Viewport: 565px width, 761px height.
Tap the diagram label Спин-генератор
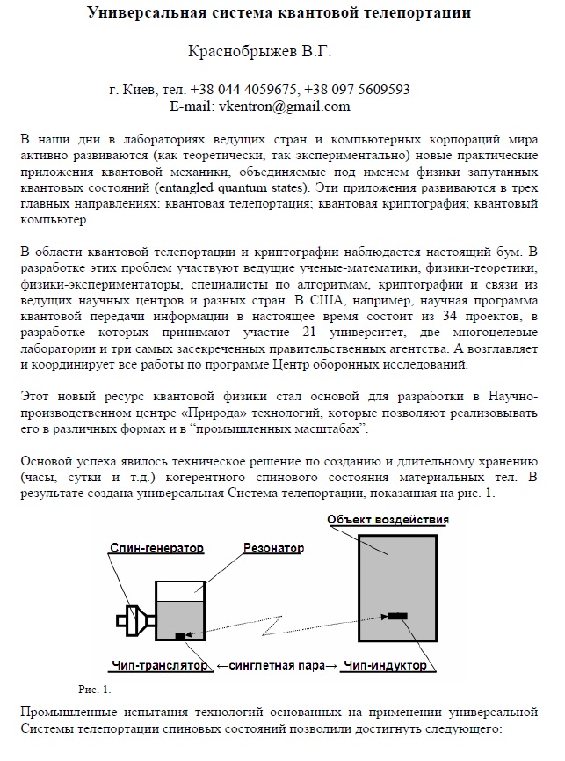(156, 546)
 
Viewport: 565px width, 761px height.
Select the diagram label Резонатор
(273, 547)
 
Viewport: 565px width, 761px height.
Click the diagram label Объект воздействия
(388, 520)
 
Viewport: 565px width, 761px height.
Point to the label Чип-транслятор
(160, 666)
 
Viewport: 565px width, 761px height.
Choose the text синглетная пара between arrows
(275, 666)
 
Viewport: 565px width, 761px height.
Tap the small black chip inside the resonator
(180, 634)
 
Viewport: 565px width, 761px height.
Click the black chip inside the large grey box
(397, 615)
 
